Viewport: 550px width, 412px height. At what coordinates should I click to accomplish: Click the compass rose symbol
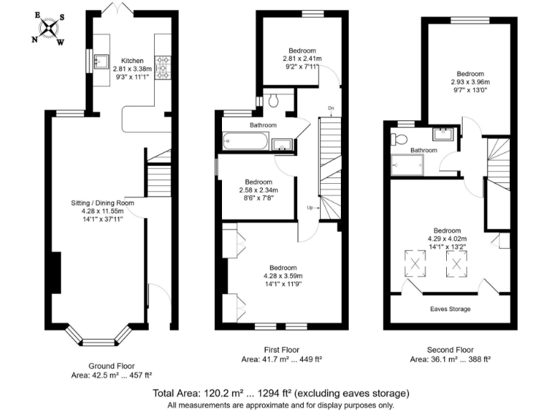coord(49,29)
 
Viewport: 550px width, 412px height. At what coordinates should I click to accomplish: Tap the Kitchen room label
coord(132,60)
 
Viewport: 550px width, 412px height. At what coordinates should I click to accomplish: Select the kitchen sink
coord(100,61)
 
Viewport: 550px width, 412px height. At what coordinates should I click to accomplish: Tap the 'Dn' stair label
coord(331,109)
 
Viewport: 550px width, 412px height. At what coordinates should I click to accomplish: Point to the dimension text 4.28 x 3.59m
coord(282,276)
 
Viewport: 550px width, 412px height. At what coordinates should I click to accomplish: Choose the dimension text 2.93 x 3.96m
coord(471,82)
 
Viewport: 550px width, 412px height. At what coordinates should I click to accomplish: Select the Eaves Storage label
coord(450,309)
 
